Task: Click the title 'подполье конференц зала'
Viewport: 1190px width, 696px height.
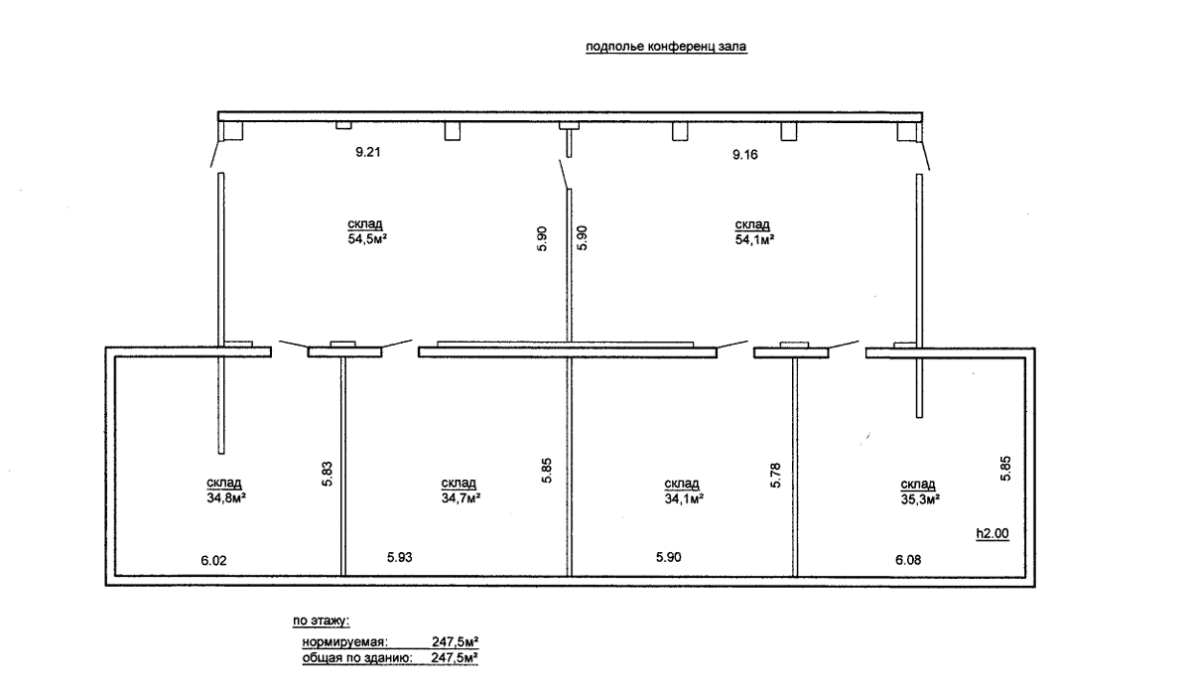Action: pos(666,47)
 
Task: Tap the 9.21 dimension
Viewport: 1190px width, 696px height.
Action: pos(368,152)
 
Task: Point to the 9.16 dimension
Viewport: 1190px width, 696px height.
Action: pos(745,155)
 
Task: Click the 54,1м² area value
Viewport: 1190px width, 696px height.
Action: pos(754,240)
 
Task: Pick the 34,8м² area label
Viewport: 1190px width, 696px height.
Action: pos(225,497)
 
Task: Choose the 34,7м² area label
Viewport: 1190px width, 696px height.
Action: pos(461,497)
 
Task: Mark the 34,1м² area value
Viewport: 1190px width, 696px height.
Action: pos(684,498)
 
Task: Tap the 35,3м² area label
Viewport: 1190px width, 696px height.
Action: pos(921,499)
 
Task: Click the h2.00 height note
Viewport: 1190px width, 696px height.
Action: pos(992,533)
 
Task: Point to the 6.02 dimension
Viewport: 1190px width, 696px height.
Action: pos(214,561)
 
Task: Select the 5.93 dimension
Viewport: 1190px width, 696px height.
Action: pos(400,557)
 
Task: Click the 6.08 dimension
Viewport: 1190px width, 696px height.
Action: pos(908,560)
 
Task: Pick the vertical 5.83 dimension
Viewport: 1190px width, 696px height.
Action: pos(328,475)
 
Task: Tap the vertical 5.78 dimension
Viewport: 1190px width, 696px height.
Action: pos(775,476)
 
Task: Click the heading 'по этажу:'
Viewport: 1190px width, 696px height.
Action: pos(322,621)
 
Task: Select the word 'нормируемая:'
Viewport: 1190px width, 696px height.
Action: pos(345,642)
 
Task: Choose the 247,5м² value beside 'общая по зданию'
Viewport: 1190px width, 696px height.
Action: pos(456,657)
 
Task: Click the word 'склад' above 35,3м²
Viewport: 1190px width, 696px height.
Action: pos(918,485)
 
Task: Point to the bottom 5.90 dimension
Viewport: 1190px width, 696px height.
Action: pos(669,557)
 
